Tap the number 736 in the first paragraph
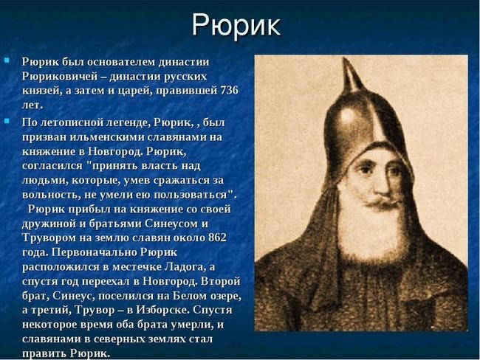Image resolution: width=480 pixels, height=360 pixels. coord(229,91)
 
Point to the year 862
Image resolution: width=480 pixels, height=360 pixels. coord(217,238)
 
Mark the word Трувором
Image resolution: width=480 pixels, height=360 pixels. coord(49,238)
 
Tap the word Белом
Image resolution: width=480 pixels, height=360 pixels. coord(190,296)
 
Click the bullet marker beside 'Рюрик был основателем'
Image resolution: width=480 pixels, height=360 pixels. coord(7,60)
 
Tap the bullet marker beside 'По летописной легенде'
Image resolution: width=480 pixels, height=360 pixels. coord(7,121)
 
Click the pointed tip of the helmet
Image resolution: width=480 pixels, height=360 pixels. coord(346,58)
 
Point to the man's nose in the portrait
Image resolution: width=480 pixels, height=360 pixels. coord(383,185)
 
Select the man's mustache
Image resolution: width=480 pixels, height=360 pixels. coord(383,202)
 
